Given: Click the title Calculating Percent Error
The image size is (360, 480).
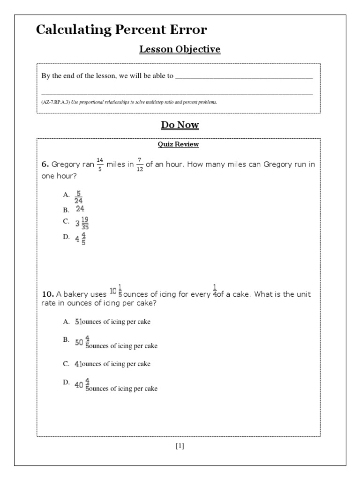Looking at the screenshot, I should coord(121,30).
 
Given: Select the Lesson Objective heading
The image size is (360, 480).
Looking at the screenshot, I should coord(180,49).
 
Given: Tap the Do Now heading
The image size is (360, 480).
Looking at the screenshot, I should coord(180,125).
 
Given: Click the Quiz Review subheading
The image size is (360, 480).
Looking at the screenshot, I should coord(178,144).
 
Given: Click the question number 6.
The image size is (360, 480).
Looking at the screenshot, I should coord(45,165).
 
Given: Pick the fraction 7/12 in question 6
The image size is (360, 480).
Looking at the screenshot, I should coord(139,165).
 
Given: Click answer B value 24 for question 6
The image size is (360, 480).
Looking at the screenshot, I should coord(80,210).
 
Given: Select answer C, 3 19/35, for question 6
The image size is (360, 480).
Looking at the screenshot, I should coord(82,223).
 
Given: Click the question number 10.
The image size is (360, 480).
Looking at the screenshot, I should coord(48,294).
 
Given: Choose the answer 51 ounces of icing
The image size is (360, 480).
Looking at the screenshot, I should coord(112,322).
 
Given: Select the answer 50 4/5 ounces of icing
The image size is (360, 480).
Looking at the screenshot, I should coord(116,343).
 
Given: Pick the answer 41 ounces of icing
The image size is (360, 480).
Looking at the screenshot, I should coord(112,364).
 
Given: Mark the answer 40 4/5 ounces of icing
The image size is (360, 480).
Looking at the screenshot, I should coord(116,385).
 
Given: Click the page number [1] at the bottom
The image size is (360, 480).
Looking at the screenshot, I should coord(180,446).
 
